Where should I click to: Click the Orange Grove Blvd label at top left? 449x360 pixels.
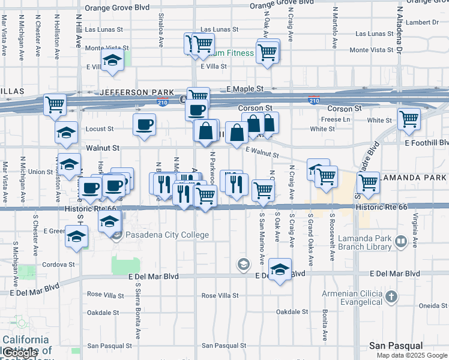click(117, 8)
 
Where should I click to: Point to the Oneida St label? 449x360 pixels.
click(433, 305)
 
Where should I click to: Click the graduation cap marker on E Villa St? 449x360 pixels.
click(112, 60)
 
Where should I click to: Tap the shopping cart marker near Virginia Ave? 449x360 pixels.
click(409, 118)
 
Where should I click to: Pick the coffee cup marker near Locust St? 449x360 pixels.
click(144, 125)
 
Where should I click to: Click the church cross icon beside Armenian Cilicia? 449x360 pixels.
click(391, 297)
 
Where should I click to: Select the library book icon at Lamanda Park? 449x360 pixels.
click(414, 242)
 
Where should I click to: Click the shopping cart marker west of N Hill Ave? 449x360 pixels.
click(55, 104)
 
